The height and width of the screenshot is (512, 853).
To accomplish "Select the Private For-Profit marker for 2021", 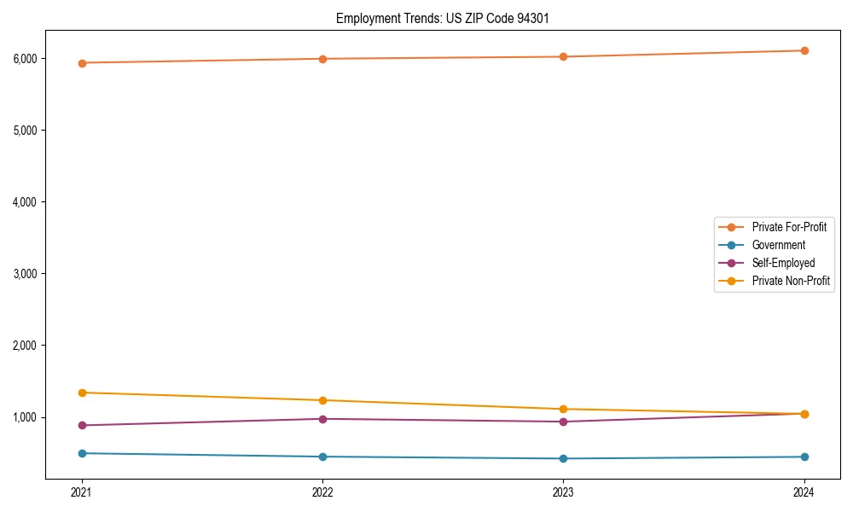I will coord(82,63).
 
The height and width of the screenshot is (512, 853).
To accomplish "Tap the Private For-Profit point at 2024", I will coord(804,50).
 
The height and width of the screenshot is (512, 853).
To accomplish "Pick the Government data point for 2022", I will coord(322,457).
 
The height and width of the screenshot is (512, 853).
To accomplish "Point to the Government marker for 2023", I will coord(563,458).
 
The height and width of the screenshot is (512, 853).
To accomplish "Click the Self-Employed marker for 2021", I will coord(82,425).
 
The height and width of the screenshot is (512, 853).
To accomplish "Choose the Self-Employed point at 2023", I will coord(563,422).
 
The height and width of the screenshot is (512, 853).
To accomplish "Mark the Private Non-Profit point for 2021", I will coord(82,393).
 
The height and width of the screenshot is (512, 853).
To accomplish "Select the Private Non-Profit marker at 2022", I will coord(322,400).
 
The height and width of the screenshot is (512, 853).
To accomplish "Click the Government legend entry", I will coord(778,245).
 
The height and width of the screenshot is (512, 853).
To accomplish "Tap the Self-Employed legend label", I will coord(783,263).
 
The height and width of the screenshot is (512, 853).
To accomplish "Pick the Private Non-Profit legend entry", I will coord(791,281).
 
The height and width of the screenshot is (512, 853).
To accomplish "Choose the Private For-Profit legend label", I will coord(789,227).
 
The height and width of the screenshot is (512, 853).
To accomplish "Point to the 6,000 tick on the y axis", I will coord(24,59).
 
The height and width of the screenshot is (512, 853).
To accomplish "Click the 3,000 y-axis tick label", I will coord(24,274).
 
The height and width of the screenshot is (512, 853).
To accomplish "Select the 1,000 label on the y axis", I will coord(24,417).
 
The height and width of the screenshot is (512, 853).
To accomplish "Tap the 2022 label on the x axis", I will coord(322,492).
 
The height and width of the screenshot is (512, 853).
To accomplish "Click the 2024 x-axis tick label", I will coord(804,492).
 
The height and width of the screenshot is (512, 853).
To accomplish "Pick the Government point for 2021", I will coord(82,453).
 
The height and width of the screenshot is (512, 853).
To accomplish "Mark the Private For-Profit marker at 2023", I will coord(563,56).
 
